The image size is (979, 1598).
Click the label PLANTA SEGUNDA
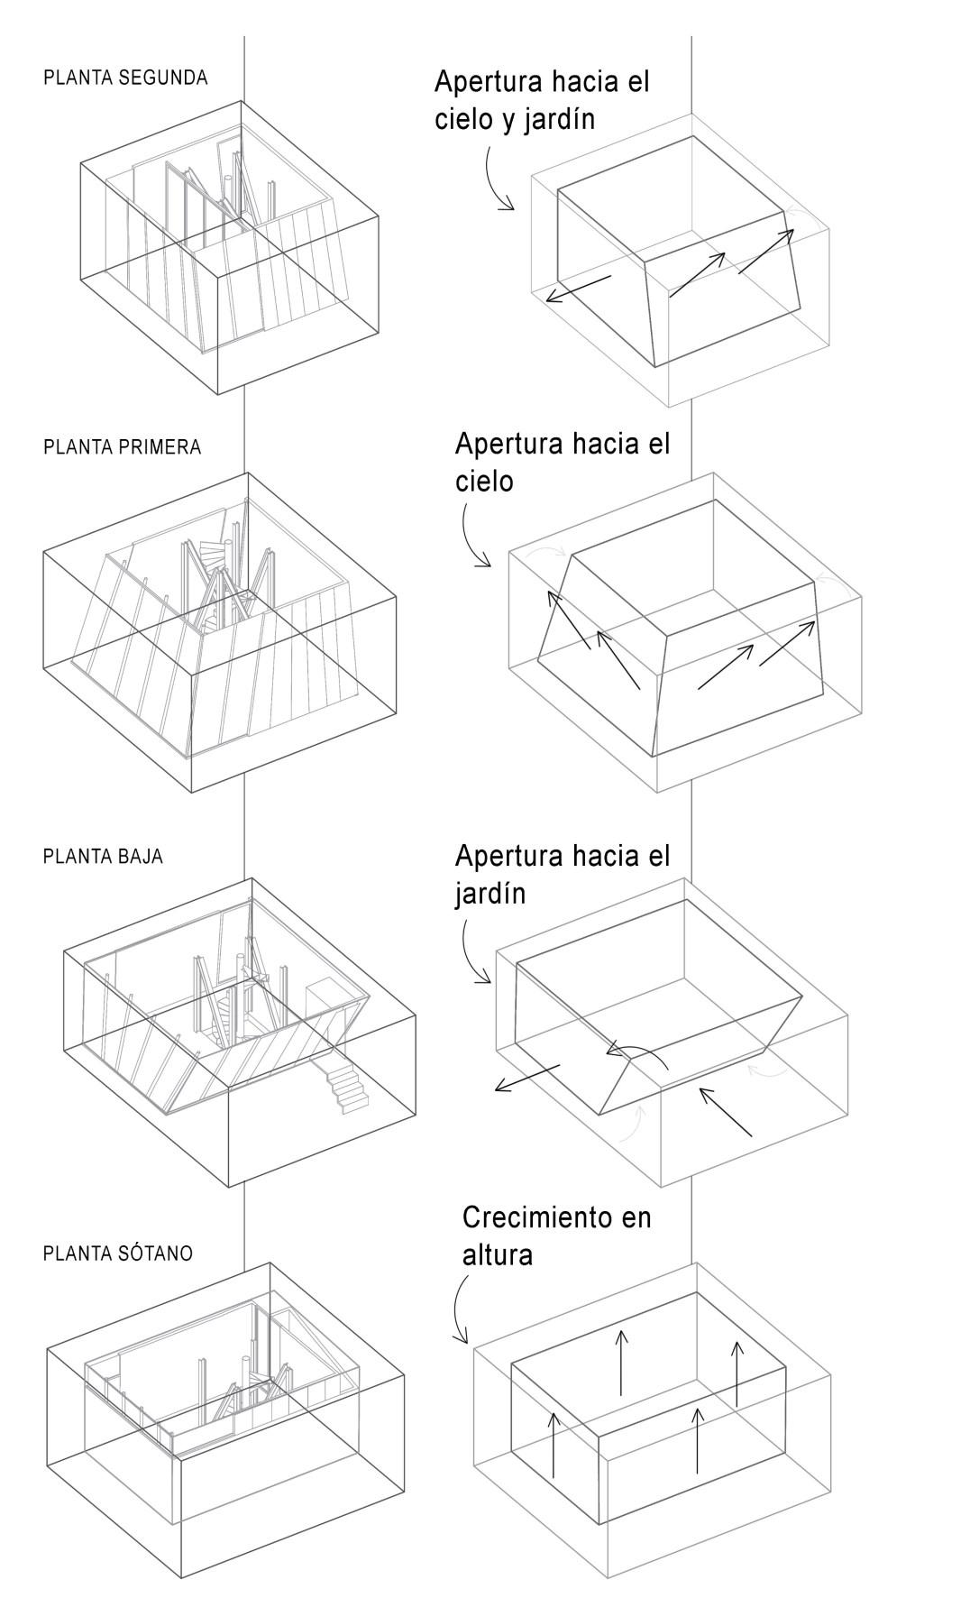[x=125, y=78]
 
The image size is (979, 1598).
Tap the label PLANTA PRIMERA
[x=122, y=447]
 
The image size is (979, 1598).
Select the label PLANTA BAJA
[x=103, y=856]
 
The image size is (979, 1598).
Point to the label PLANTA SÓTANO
[x=118, y=1254]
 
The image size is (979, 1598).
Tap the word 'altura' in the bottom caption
[x=497, y=1254]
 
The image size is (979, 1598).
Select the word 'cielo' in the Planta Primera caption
[x=484, y=482]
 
